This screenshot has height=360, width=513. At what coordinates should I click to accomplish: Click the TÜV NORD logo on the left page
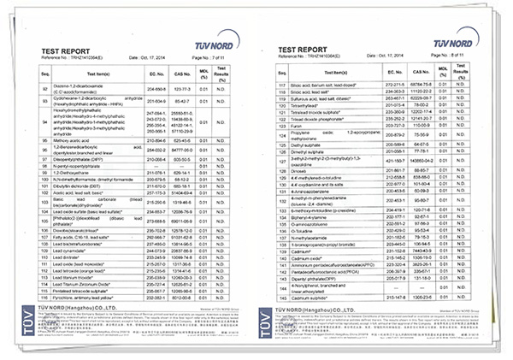pos(209,36)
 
